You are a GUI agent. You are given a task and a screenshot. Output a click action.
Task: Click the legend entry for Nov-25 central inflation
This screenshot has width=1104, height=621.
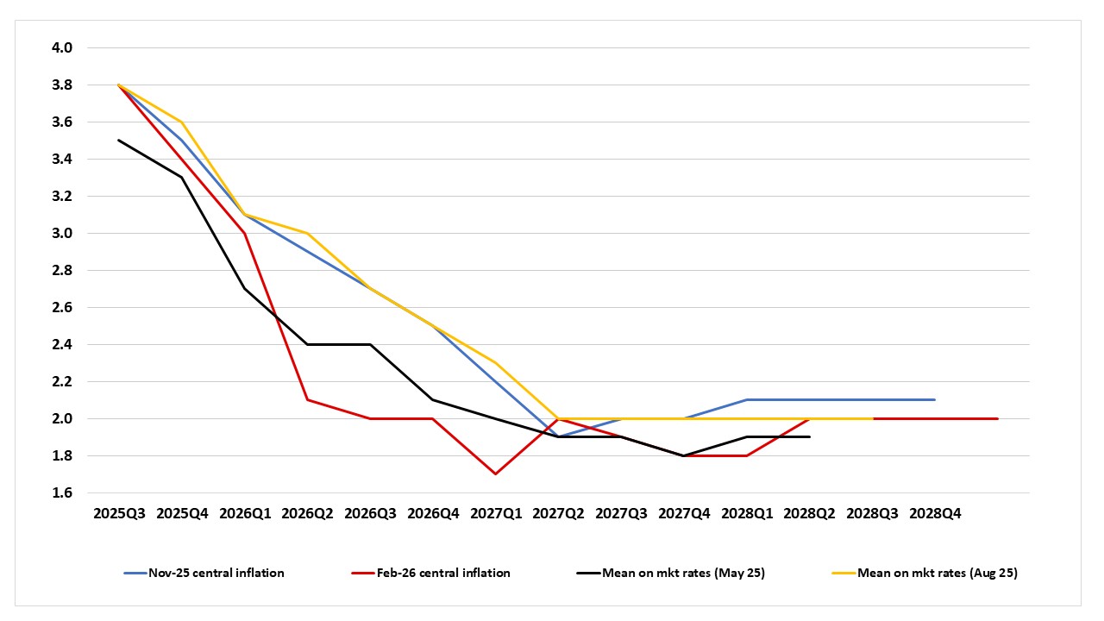(216, 573)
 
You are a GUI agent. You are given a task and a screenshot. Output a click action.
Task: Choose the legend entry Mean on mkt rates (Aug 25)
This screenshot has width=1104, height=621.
(937, 573)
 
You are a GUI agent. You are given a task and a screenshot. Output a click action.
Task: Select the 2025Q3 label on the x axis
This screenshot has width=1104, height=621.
(119, 513)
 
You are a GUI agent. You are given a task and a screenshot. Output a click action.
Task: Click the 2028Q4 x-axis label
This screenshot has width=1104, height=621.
(935, 513)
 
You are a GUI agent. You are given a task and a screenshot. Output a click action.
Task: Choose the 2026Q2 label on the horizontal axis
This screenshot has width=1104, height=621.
(307, 513)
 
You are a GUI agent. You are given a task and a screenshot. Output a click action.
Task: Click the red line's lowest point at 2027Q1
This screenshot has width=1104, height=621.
(495, 474)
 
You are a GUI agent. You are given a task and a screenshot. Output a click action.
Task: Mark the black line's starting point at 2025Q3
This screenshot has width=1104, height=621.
(119, 140)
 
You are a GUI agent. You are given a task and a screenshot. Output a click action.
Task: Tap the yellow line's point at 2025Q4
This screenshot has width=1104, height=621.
(181, 122)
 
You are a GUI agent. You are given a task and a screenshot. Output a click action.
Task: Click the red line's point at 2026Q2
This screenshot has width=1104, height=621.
(307, 399)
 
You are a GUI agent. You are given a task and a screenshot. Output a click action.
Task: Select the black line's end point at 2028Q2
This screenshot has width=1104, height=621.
(809, 436)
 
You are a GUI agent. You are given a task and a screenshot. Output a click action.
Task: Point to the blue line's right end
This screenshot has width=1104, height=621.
(935, 399)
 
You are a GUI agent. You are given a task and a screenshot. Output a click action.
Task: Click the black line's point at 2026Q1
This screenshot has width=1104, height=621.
(244, 288)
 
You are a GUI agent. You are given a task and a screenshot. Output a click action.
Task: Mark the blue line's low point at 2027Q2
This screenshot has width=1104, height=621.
(558, 436)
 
